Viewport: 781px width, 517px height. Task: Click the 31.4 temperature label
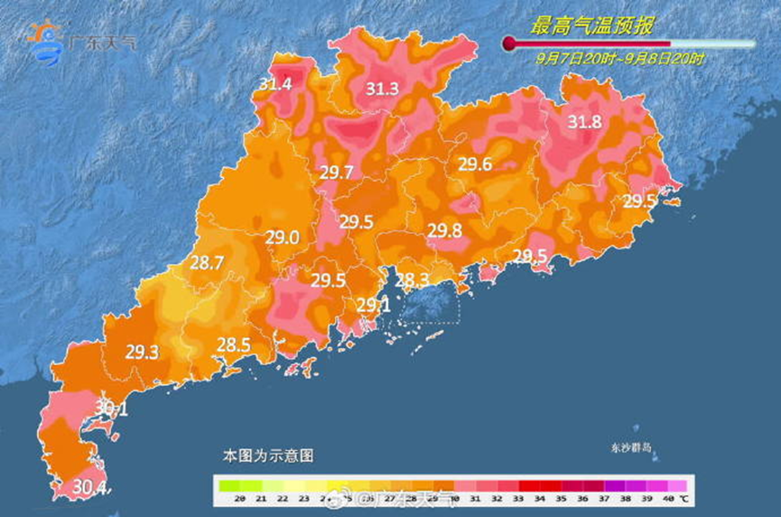click(x=275, y=84)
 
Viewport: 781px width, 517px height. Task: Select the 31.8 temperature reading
click(x=585, y=122)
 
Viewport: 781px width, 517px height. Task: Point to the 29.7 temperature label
click(x=335, y=173)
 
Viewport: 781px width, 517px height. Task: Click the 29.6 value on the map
click(x=475, y=164)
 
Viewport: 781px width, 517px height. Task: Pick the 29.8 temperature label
click(x=445, y=230)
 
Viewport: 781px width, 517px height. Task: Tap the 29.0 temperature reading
click(x=282, y=239)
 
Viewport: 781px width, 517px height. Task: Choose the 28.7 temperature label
click(x=207, y=263)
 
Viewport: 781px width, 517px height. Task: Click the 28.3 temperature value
click(x=412, y=279)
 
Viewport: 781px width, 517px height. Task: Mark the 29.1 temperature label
click(x=373, y=305)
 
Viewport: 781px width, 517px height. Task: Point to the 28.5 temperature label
click(x=233, y=343)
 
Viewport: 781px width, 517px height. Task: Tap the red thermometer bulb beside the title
click(x=509, y=43)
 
